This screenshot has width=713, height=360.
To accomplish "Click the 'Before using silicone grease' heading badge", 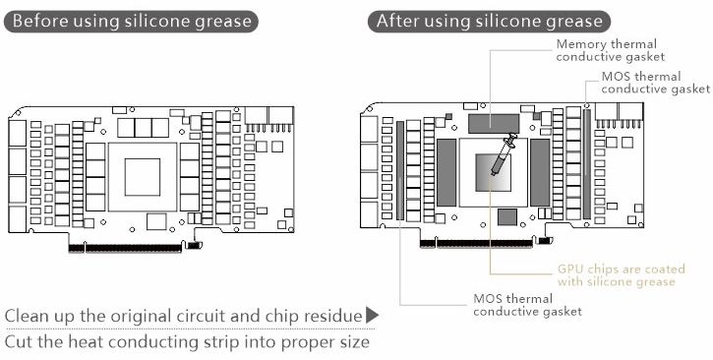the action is tap(131, 22).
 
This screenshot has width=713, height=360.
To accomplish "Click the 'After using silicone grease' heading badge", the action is tap(489, 22).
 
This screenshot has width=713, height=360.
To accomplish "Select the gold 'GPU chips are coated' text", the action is tap(622, 270).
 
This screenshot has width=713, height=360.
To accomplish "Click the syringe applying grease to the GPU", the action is tap(504, 153).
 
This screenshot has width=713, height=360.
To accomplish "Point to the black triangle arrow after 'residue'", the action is tap(373, 315).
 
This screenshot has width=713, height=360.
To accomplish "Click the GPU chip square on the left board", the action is tap(143, 177).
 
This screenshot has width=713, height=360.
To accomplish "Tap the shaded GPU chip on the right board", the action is tap(493, 172).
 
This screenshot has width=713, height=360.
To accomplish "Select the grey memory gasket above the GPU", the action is tap(494, 124).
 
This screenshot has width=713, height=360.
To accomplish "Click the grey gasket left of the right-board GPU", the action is tap(446, 172).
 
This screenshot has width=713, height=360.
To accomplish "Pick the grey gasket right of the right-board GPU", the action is tap(540, 172).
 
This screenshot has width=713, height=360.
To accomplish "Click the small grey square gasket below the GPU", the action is tap(507, 217).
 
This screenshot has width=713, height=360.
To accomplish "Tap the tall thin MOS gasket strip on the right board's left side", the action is tap(400, 170).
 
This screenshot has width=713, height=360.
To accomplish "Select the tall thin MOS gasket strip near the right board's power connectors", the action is tap(587, 164).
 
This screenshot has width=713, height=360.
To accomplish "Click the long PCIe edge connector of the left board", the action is tap(125, 248).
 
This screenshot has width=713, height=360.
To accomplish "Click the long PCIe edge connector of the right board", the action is tap(476, 244).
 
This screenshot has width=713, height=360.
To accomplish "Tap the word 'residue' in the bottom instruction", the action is tap(332, 316).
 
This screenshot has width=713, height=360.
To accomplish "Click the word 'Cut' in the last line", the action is tap(18, 342).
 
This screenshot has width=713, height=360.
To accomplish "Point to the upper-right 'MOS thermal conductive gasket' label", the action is tap(655, 83).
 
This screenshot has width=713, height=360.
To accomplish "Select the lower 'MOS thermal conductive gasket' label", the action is tap(527, 305).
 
